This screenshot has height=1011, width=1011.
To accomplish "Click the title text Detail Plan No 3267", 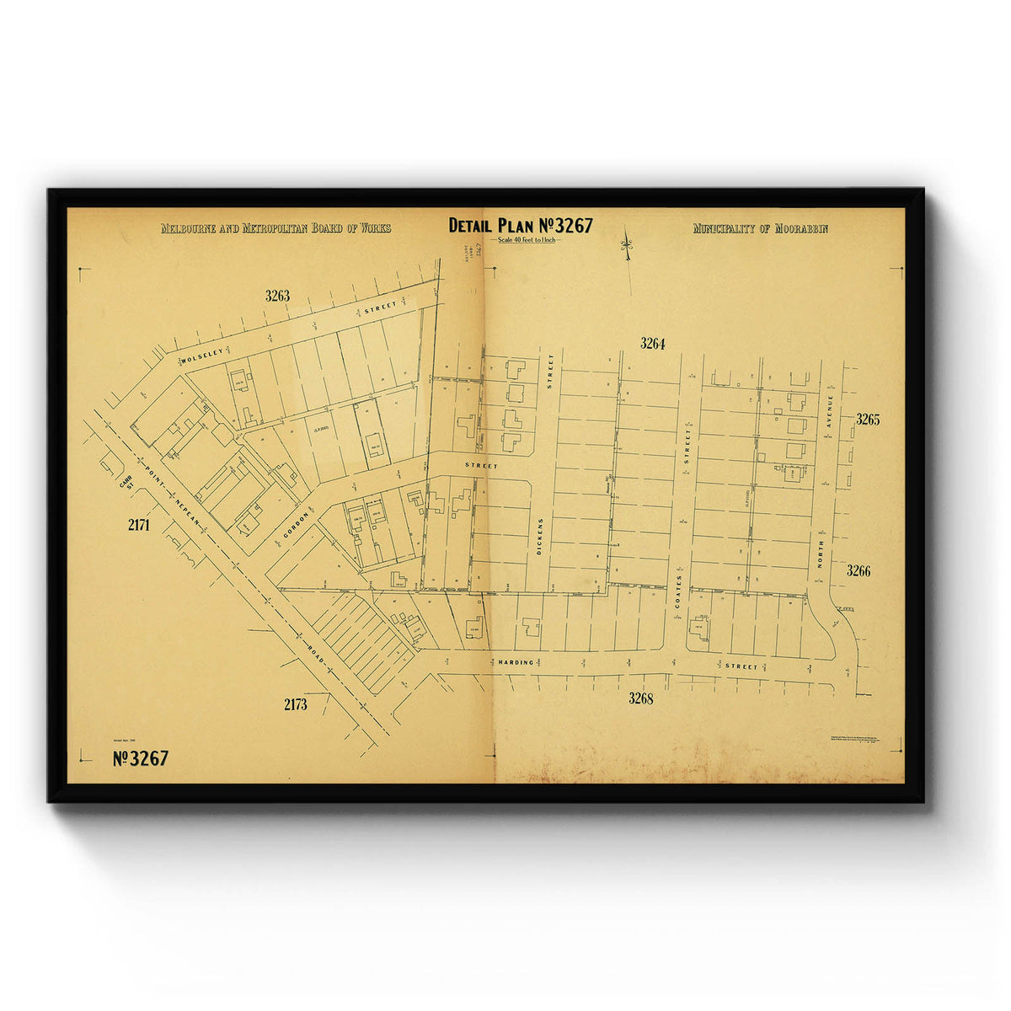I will [x=520, y=226].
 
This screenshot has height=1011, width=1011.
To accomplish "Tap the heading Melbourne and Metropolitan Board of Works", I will [x=275, y=228].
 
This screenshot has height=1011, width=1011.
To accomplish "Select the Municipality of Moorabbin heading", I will [x=760, y=228].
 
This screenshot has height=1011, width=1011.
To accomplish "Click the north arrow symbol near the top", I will [x=626, y=245].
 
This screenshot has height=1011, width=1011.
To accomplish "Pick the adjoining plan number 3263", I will [x=277, y=296].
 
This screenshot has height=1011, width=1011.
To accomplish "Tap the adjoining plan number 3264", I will [x=652, y=343].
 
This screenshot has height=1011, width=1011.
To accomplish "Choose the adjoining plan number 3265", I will [x=867, y=420].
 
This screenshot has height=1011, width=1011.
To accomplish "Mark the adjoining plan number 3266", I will [x=858, y=571].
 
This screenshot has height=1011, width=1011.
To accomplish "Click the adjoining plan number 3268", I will [x=640, y=698].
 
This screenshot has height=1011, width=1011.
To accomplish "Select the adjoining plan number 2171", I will [x=138, y=525].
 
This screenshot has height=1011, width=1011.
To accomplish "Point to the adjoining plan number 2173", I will [x=295, y=704].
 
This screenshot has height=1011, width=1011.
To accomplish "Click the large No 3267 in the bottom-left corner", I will [x=141, y=758].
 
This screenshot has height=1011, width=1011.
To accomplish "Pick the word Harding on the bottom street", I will [x=515, y=662].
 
